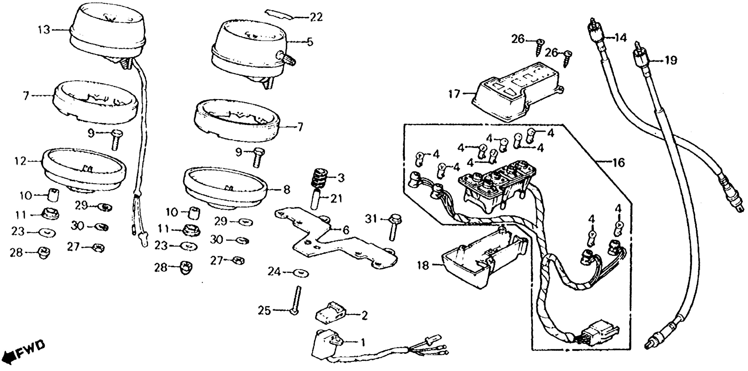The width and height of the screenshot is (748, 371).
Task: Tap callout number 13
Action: tap(44, 30)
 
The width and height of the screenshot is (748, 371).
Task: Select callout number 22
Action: tap(316, 17)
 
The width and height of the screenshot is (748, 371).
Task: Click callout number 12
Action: tap(21, 161)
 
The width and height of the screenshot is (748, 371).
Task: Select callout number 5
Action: tap(310, 42)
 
